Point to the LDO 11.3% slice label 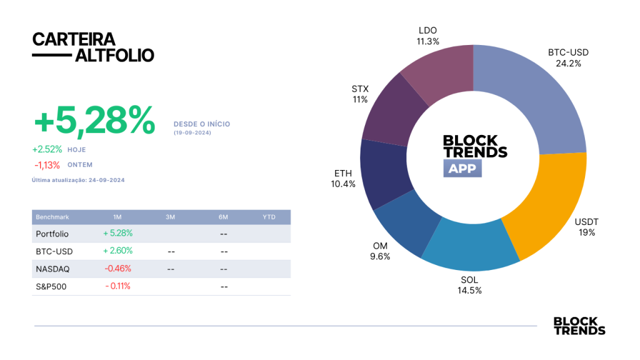click(427, 36)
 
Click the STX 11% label click(360, 94)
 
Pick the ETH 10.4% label click(343, 179)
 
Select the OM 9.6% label click(380, 251)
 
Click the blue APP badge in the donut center click(462, 168)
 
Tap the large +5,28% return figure click(94, 120)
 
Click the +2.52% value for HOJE click(47, 149)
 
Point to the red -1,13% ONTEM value click(47, 165)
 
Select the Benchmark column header click(52, 217)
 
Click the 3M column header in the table click(170, 217)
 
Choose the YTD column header click(269, 217)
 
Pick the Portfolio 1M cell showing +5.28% click(117, 233)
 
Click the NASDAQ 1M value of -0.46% click(117, 269)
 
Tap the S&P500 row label click(51, 286)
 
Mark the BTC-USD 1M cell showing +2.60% click(117, 251)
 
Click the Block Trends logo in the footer click(579, 326)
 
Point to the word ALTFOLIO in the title click(115, 56)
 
